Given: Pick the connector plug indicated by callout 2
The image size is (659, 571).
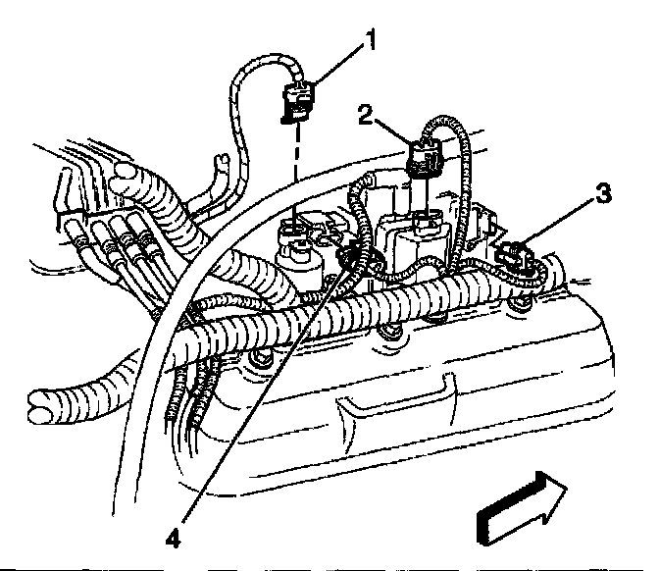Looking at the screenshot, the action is coord(424,158).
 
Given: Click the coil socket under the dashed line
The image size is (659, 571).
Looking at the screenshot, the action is coord(295,235).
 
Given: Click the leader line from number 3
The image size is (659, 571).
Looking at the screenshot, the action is coord(563,222).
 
